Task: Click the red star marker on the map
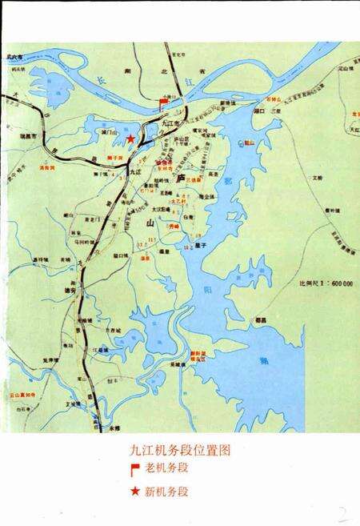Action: click(130, 140)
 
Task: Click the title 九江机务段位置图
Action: click(179, 452)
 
